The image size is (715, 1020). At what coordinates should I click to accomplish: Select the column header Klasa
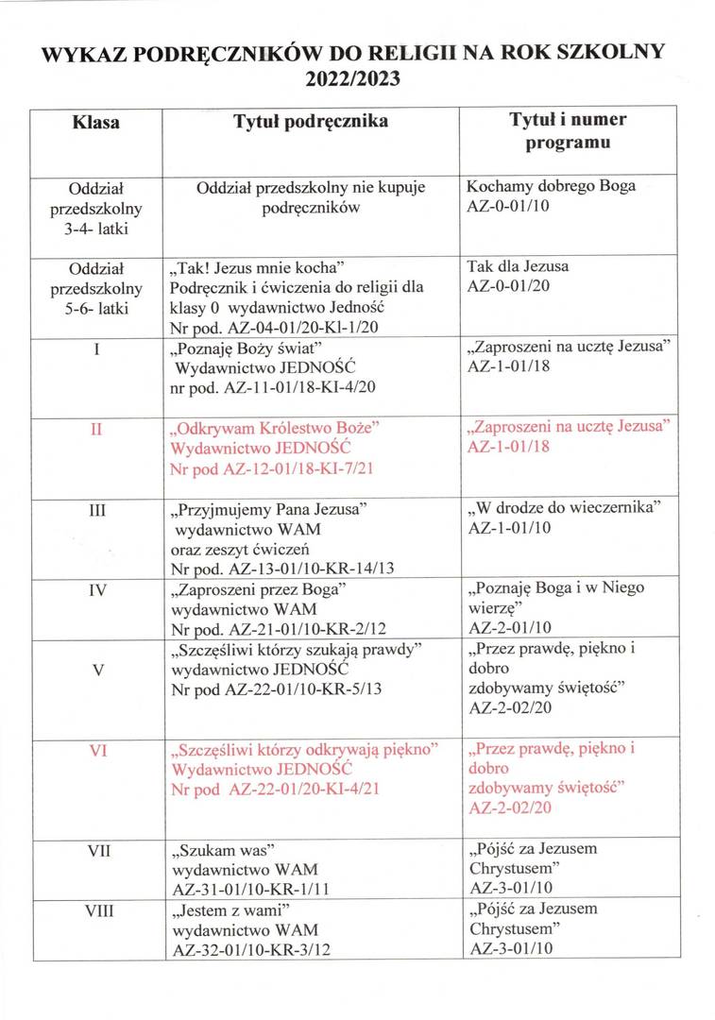(x=96, y=123)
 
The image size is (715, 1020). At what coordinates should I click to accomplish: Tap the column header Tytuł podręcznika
(x=311, y=122)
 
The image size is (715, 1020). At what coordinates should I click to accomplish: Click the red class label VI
(x=96, y=751)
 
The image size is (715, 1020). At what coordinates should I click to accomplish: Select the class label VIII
(x=96, y=912)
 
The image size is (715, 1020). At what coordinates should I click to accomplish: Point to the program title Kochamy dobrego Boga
(x=551, y=186)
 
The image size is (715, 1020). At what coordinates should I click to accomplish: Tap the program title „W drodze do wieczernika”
(x=563, y=509)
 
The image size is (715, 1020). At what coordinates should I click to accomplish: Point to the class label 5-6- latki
(x=96, y=307)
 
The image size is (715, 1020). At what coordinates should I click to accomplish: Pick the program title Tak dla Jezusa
(x=518, y=266)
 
